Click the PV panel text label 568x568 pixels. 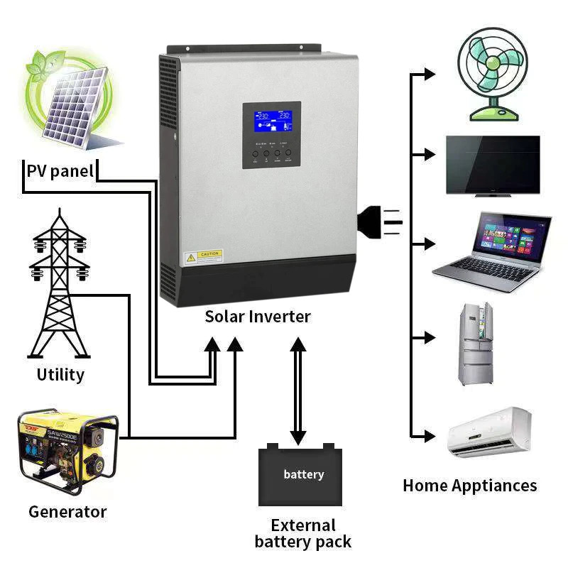60,171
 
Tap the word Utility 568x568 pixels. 60,374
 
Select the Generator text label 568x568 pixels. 67,511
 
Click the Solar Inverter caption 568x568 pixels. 258,317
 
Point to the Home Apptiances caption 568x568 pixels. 469,486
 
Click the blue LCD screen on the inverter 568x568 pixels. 272,122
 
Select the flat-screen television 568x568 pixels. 493,165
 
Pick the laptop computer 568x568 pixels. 492,252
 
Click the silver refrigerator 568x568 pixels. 475,344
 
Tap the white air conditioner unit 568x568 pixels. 489,433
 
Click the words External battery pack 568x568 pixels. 303,534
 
